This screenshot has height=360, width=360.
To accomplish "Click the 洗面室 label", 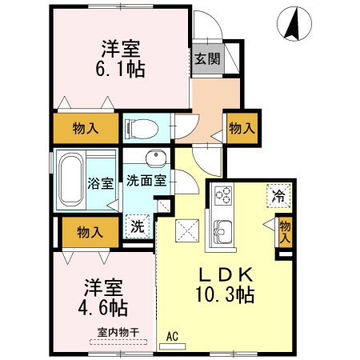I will coord(146,180).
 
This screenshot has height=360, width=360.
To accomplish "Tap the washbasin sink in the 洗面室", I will coord(154,158).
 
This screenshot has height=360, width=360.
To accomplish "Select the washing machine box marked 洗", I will coord(138,226).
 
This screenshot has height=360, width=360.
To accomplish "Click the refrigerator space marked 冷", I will coord(279,195).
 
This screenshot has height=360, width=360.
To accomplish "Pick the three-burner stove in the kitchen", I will coord(222,196).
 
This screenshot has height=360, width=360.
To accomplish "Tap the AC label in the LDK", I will coord(172,337).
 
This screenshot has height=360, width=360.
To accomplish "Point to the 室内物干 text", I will coord(114,332).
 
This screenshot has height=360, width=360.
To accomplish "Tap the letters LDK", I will coord(226,272).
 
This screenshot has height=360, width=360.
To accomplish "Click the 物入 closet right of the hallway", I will coord(243,128).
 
